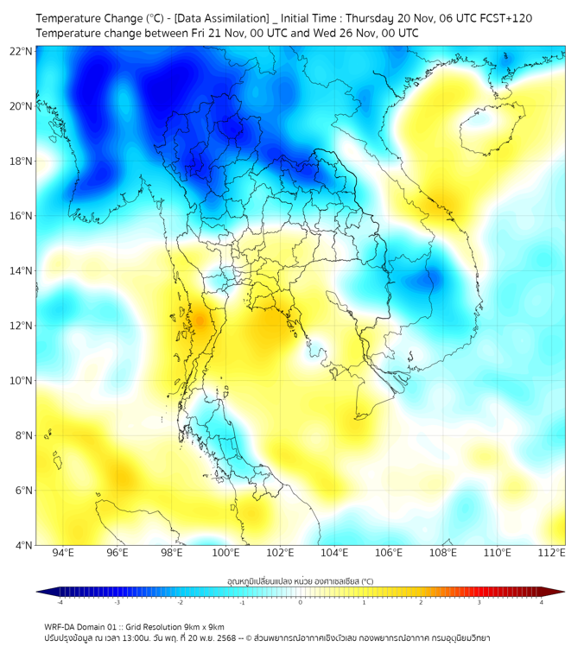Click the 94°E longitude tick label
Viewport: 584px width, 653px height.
click(x=63, y=553)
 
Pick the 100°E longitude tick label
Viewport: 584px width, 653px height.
click(x=226, y=553)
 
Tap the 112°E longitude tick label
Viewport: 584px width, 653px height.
click(x=553, y=553)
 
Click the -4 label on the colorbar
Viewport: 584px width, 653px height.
click(x=59, y=603)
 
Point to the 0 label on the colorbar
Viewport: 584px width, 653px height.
click(x=301, y=603)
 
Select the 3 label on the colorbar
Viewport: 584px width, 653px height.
click(x=479, y=603)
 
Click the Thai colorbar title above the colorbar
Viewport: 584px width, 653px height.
click(x=300, y=580)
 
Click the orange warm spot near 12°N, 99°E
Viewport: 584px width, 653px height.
click(x=200, y=321)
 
